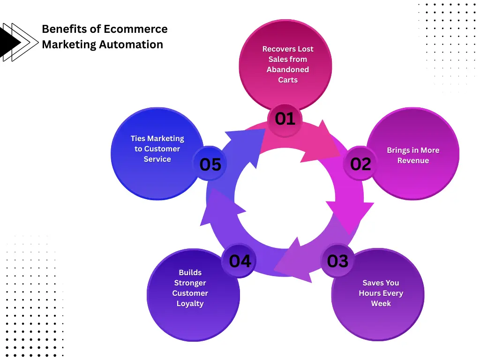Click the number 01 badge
(285, 119)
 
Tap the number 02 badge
(360, 164)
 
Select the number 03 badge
(338, 261)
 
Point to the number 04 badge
(240, 261)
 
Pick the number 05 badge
(210, 164)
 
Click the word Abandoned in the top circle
(288, 69)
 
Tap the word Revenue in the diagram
(413, 160)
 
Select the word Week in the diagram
(381, 303)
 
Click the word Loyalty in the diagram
(190, 303)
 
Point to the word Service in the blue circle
(157, 159)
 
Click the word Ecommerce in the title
(135, 29)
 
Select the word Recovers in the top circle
(277, 49)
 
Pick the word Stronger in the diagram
(190, 283)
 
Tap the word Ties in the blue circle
(138, 138)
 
